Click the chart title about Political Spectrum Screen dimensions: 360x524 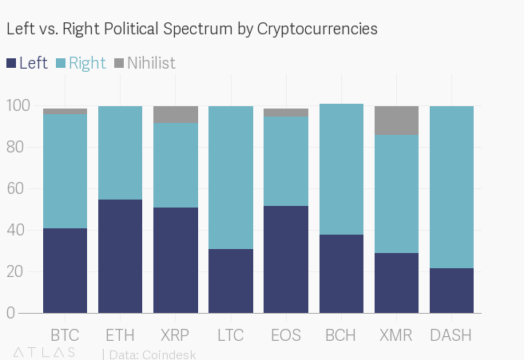coord(192,29)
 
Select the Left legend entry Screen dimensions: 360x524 coord(27,63)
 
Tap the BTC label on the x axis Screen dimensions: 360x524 coord(65,334)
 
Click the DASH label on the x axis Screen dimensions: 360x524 coord(451,334)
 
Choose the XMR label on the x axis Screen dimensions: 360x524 coord(396,334)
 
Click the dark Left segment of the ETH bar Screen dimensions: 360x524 coord(120,255)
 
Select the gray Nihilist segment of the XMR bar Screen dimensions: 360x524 coord(396,121)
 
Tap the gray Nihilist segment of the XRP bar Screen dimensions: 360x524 coord(175,114)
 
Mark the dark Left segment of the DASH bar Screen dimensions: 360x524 coord(451,290)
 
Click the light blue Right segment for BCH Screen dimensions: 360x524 coord(341,169)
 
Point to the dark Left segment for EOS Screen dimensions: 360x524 coord(286,259)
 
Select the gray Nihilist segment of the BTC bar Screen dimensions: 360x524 coord(65,111)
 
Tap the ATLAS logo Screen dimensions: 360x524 coord(45,352)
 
